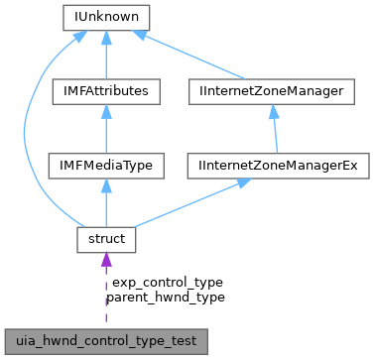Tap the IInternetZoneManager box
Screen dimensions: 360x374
click(270, 91)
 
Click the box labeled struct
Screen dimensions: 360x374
click(105, 240)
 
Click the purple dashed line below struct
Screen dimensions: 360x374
click(105, 298)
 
